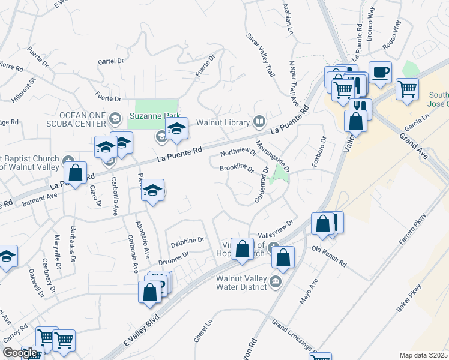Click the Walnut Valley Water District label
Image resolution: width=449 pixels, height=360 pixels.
[x=233, y=282]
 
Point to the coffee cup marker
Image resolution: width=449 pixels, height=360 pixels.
[x=380, y=73]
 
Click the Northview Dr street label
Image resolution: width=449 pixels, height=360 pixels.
[x=238, y=152]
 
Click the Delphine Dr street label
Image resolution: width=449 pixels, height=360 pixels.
[x=187, y=241]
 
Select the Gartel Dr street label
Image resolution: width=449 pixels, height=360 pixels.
[x=110, y=61]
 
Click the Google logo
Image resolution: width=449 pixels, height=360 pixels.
[x=20, y=352]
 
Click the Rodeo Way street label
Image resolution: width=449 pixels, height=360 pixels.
[x=391, y=35]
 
